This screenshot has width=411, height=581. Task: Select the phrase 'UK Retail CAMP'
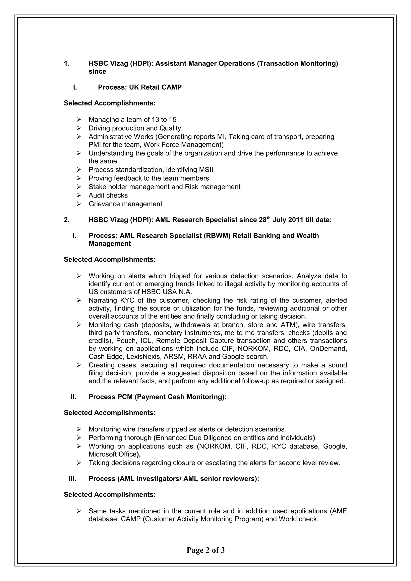(155, 87)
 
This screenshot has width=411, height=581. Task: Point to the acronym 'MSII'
(206, 170)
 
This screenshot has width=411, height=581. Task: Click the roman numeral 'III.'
(72, 479)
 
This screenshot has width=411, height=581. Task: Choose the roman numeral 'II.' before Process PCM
(73, 397)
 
